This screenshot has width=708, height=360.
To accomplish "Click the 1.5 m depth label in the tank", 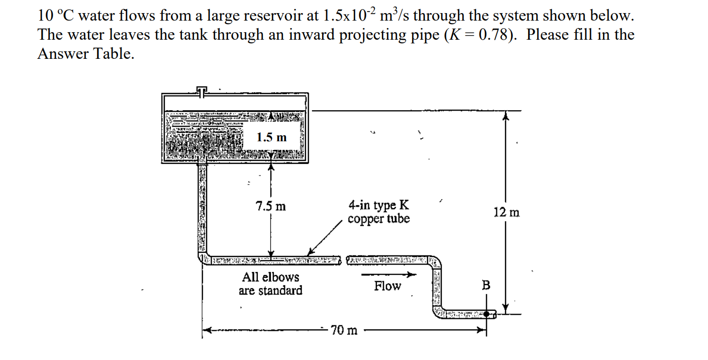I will point(271,137).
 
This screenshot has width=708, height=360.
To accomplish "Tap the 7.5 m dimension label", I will point(270,206).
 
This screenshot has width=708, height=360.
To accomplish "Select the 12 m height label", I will point(507,212).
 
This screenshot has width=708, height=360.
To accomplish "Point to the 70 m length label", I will point(345,331).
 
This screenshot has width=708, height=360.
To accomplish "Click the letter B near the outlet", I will point(486,286).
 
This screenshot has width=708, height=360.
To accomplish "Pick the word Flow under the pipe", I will point(387,287).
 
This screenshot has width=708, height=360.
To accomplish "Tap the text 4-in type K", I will point(378,205).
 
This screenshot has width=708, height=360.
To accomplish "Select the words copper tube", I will point(378,219).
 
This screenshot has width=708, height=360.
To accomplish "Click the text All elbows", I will point(270,277).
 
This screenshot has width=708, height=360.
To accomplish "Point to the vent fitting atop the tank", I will point(201,91).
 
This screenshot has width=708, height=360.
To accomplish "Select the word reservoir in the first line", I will point(277,16).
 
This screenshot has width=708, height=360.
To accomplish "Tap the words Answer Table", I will point(85,54).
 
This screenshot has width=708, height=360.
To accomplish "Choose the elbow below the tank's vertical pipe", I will point(202,258).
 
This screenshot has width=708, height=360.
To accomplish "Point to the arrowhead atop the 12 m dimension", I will point(507,116).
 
